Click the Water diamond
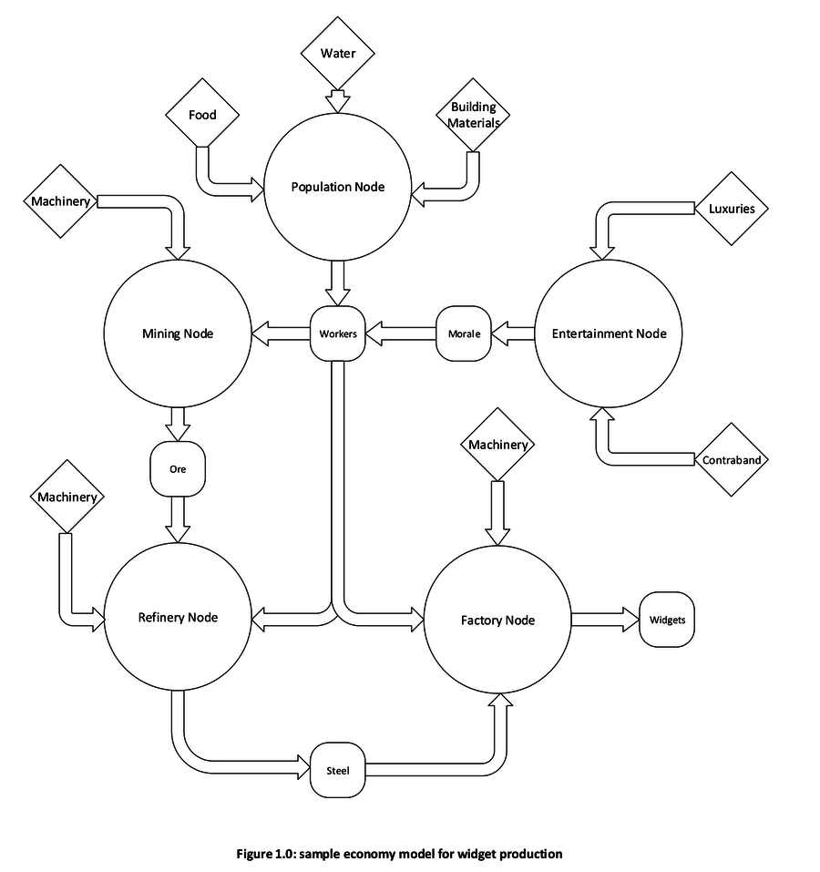[337, 53]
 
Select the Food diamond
[202, 115]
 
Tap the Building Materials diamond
[474, 115]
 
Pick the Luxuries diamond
[732, 209]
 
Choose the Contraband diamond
[732, 460]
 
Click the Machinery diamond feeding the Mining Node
[61, 201]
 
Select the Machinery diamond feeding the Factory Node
[497, 445]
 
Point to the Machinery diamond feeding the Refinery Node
[66, 498]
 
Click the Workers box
[338, 333]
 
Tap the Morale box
[464, 333]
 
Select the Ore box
[178, 470]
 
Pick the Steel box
[337, 771]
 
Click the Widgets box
[667, 621]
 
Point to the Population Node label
[338, 187]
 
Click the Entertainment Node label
[609, 333]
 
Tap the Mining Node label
[178, 333]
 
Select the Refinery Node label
[178, 617]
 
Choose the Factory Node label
[497, 621]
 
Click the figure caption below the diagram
[399, 854]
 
